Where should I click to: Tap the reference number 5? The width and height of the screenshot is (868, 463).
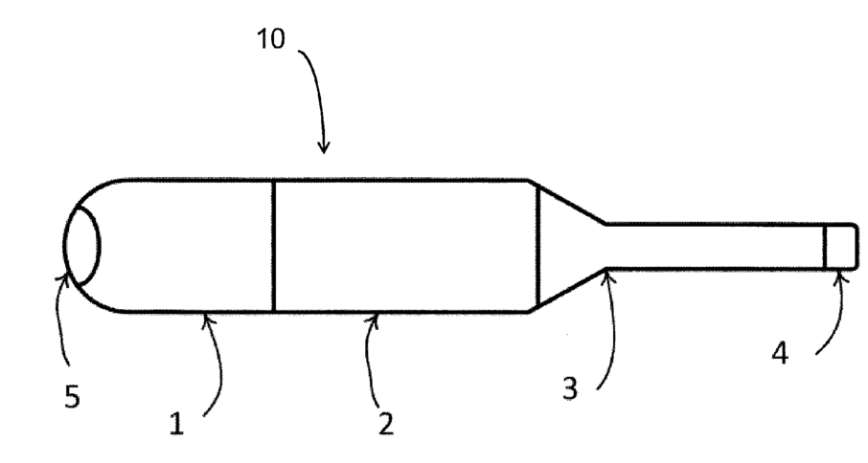click(73, 396)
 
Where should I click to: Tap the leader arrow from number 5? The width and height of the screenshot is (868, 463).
click(60, 316)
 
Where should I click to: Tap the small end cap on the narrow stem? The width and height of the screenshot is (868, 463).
click(841, 246)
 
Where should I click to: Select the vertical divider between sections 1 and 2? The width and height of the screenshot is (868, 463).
click(273, 245)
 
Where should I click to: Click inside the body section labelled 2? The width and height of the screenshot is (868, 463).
click(402, 245)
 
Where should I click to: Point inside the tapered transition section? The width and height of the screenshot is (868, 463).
click(565, 246)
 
